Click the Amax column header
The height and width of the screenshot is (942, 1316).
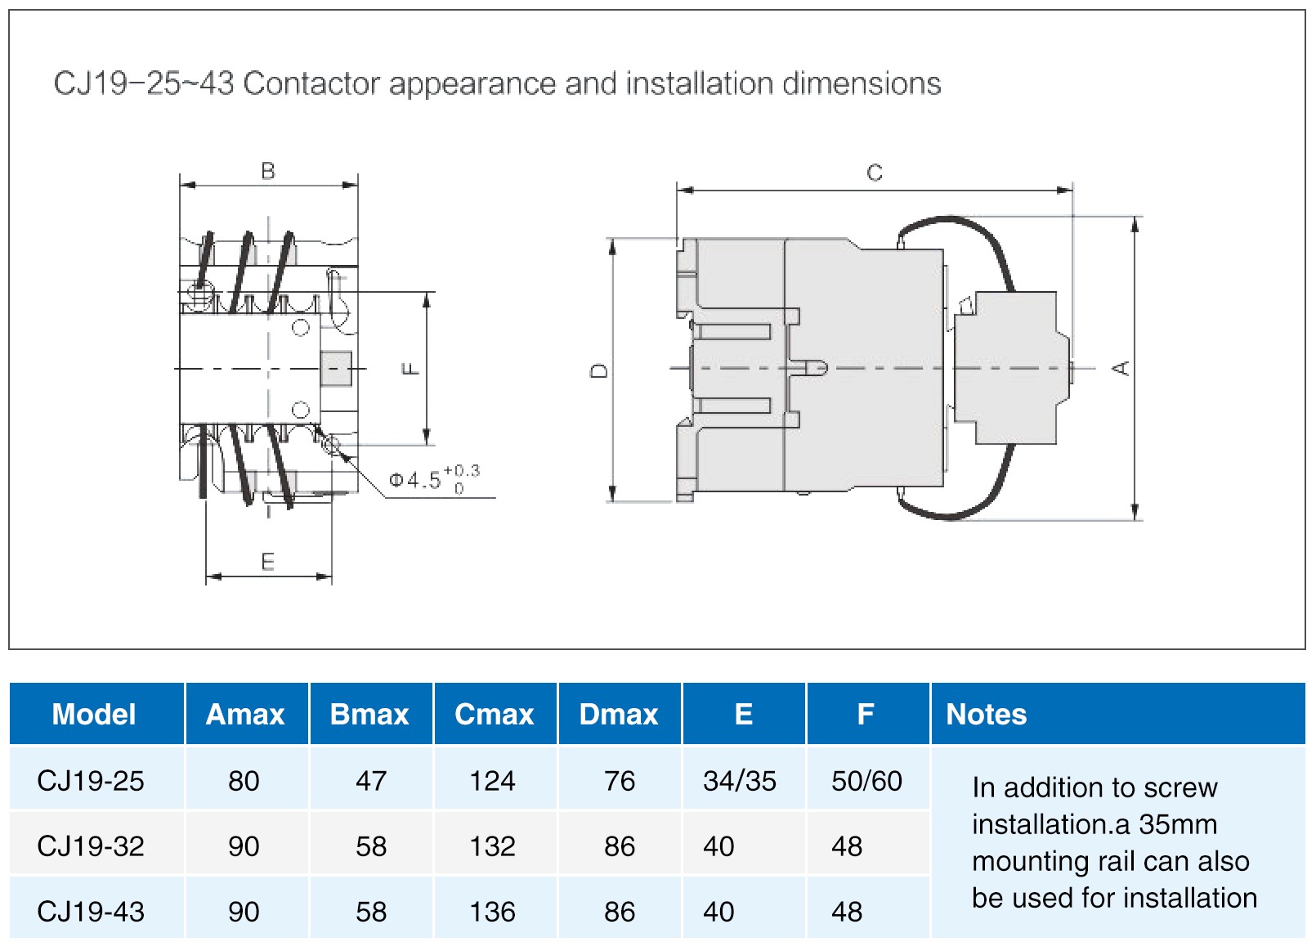click(x=245, y=715)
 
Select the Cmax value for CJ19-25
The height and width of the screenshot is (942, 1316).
click(x=492, y=781)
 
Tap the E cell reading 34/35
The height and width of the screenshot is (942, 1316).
click(x=740, y=781)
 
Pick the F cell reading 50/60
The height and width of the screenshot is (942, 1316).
click(x=866, y=781)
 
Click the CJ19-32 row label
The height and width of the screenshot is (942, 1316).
click(x=91, y=846)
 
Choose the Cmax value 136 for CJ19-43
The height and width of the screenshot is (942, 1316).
click(x=492, y=912)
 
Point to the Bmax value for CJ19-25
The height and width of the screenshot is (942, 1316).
click(x=371, y=781)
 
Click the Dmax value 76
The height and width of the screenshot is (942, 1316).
click(x=620, y=781)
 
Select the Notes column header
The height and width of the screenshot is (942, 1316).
click(x=986, y=715)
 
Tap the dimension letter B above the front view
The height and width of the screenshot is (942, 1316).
click(x=268, y=171)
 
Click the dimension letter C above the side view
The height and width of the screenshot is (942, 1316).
click(x=875, y=173)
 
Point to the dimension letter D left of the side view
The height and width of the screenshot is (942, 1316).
click(x=599, y=370)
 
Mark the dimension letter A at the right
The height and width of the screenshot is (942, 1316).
click(x=1121, y=368)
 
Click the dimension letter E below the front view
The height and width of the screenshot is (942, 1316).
click(x=268, y=562)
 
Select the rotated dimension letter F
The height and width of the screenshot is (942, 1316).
click(x=411, y=369)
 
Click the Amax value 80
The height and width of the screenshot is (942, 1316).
click(x=244, y=781)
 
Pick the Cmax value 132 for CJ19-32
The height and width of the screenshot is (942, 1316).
click(x=492, y=846)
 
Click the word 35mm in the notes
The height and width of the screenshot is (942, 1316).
click(x=1178, y=824)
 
